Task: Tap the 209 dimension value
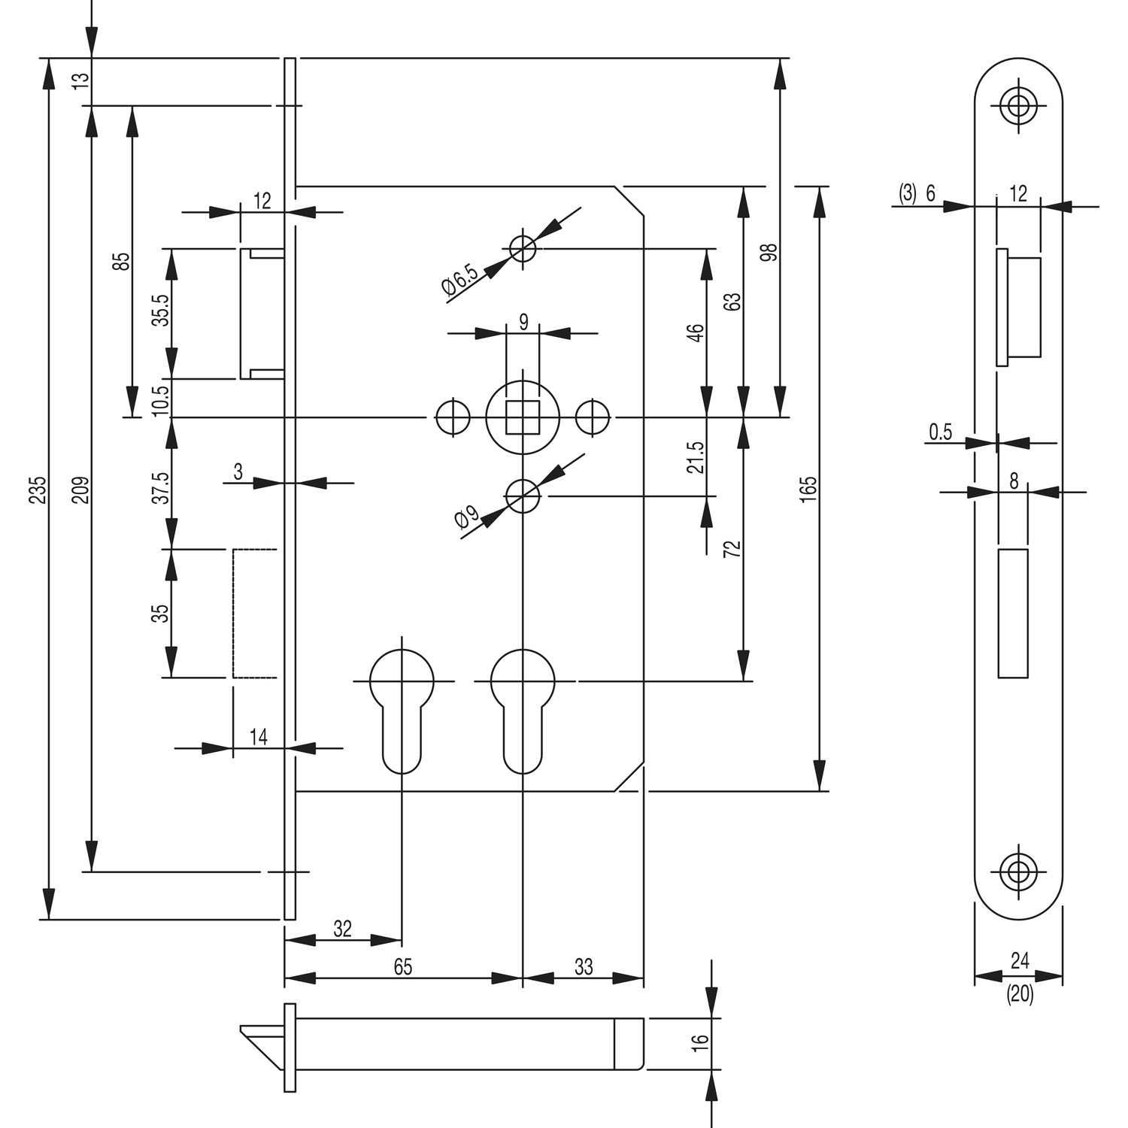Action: click(83, 489)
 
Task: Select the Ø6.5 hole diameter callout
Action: click(460, 279)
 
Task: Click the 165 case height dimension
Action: click(808, 489)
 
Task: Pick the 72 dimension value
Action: click(732, 549)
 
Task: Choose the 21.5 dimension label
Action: click(696, 456)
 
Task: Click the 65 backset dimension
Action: click(403, 967)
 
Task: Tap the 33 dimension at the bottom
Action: click(584, 966)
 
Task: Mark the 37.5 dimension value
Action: click(160, 487)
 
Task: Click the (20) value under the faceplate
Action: click(1020, 994)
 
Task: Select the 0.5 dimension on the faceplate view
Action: click(940, 432)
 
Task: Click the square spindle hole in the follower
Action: click(522, 417)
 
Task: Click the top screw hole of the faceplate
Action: click(1018, 106)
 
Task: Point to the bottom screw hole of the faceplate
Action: click(1018, 872)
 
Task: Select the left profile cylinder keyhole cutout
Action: click(402, 707)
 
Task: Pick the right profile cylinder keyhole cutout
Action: click(523, 707)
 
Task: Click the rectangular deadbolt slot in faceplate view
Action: click(1012, 613)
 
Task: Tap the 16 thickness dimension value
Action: click(700, 1042)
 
